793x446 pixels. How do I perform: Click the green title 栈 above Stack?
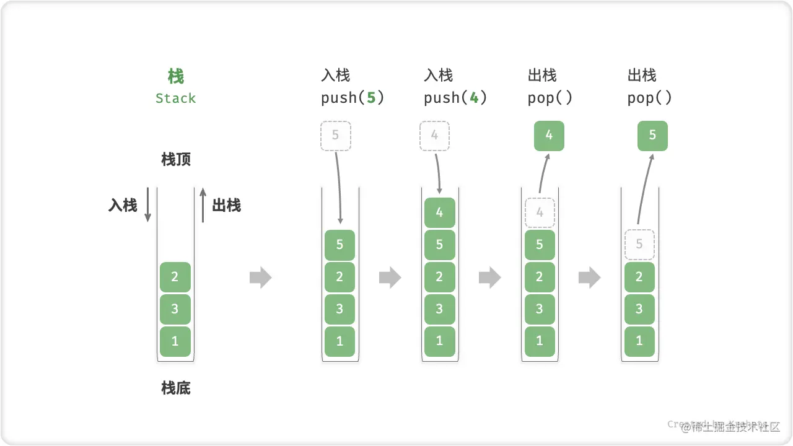click(175, 77)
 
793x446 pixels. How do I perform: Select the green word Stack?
click(175, 98)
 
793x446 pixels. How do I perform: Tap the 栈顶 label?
click(176, 159)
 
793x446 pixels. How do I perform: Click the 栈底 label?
click(176, 388)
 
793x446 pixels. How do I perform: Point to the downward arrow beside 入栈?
click(147, 205)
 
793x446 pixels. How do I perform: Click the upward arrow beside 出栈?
click(203, 205)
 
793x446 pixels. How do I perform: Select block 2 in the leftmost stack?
click(175, 277)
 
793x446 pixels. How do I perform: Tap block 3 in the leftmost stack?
click(175, 309)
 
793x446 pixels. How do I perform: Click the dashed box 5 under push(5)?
click(336, 136)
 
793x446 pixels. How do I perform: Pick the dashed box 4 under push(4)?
click(435, 136)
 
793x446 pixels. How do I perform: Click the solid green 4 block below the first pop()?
click(549, 136)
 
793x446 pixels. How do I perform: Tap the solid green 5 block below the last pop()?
click(652, 136)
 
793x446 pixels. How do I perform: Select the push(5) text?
click(353, 98)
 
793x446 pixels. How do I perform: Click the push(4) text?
click(455, 98)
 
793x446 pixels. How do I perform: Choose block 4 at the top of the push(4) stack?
click(439, 212)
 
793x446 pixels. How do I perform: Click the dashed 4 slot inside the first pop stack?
click(540, 212)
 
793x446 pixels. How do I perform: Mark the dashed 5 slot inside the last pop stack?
click(639, 245)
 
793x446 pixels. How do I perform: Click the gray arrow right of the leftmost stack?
click(260, 278)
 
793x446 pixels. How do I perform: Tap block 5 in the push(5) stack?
click(340, 245)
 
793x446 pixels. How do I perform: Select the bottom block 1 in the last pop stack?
click(639, 341)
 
